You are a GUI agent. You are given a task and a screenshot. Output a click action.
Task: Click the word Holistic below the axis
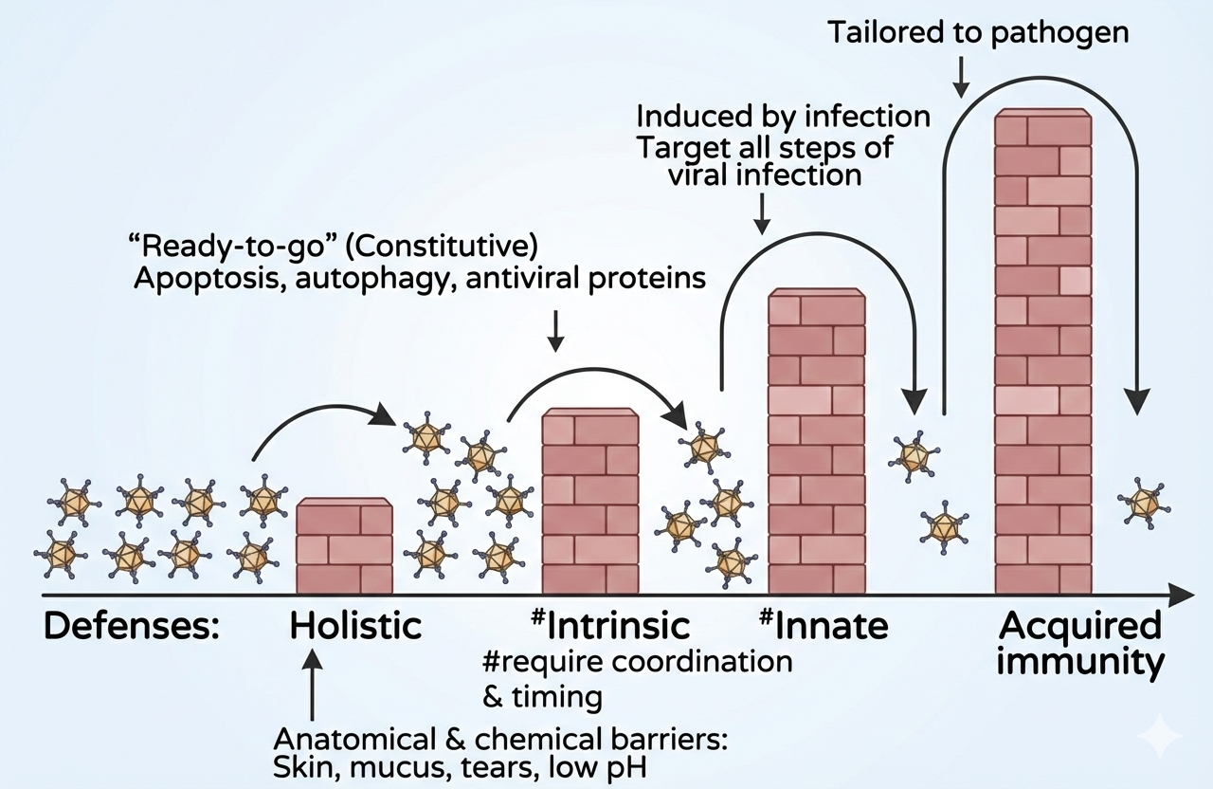click(355, 626)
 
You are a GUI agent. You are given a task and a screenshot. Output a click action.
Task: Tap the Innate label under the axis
click(834, 626)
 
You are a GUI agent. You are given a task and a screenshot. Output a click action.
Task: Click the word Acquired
click(1080, 626)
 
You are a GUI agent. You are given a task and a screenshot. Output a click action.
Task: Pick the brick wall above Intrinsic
click(589, 503)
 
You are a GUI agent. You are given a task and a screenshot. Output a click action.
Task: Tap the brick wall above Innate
click(817, 442)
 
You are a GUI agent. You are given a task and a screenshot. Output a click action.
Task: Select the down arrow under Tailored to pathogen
click(963, 76)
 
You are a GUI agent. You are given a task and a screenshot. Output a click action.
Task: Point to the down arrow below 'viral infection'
click(760, 212)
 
